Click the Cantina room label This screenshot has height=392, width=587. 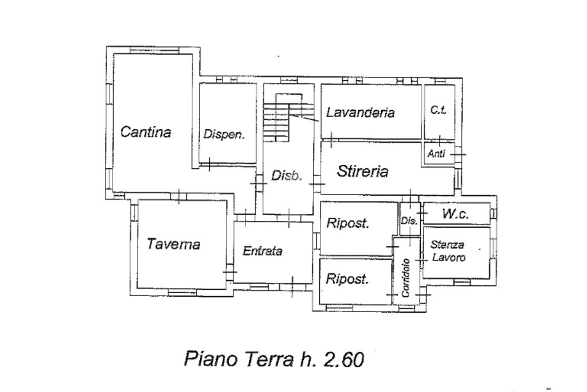point(146,132)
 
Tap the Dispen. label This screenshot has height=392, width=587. point(224,135)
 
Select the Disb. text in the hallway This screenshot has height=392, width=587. point(286,176)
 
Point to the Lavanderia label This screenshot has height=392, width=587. point(360,112)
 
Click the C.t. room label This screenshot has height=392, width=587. point(439,110)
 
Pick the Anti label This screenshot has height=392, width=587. point(437,154)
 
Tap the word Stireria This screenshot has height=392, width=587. point(363,171)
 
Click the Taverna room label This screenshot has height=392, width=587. point(173,244)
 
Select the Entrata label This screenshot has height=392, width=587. point(263,251)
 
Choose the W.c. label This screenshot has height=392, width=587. point(456,214)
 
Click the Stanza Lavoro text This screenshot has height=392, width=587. point(448,251)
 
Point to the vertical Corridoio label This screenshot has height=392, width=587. point(406,277)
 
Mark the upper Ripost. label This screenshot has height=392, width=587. point(347,223)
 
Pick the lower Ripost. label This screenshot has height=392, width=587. point(347,279)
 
